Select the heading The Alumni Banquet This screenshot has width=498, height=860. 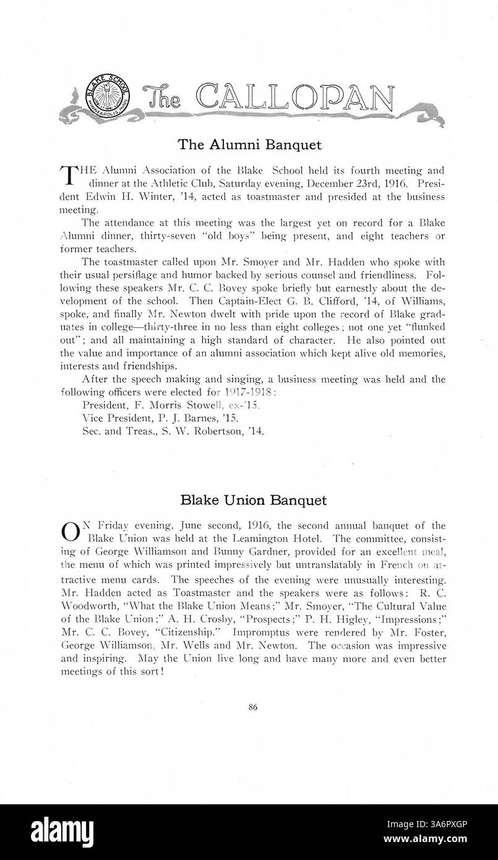point(250,145)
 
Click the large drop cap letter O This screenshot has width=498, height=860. point(71,531)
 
